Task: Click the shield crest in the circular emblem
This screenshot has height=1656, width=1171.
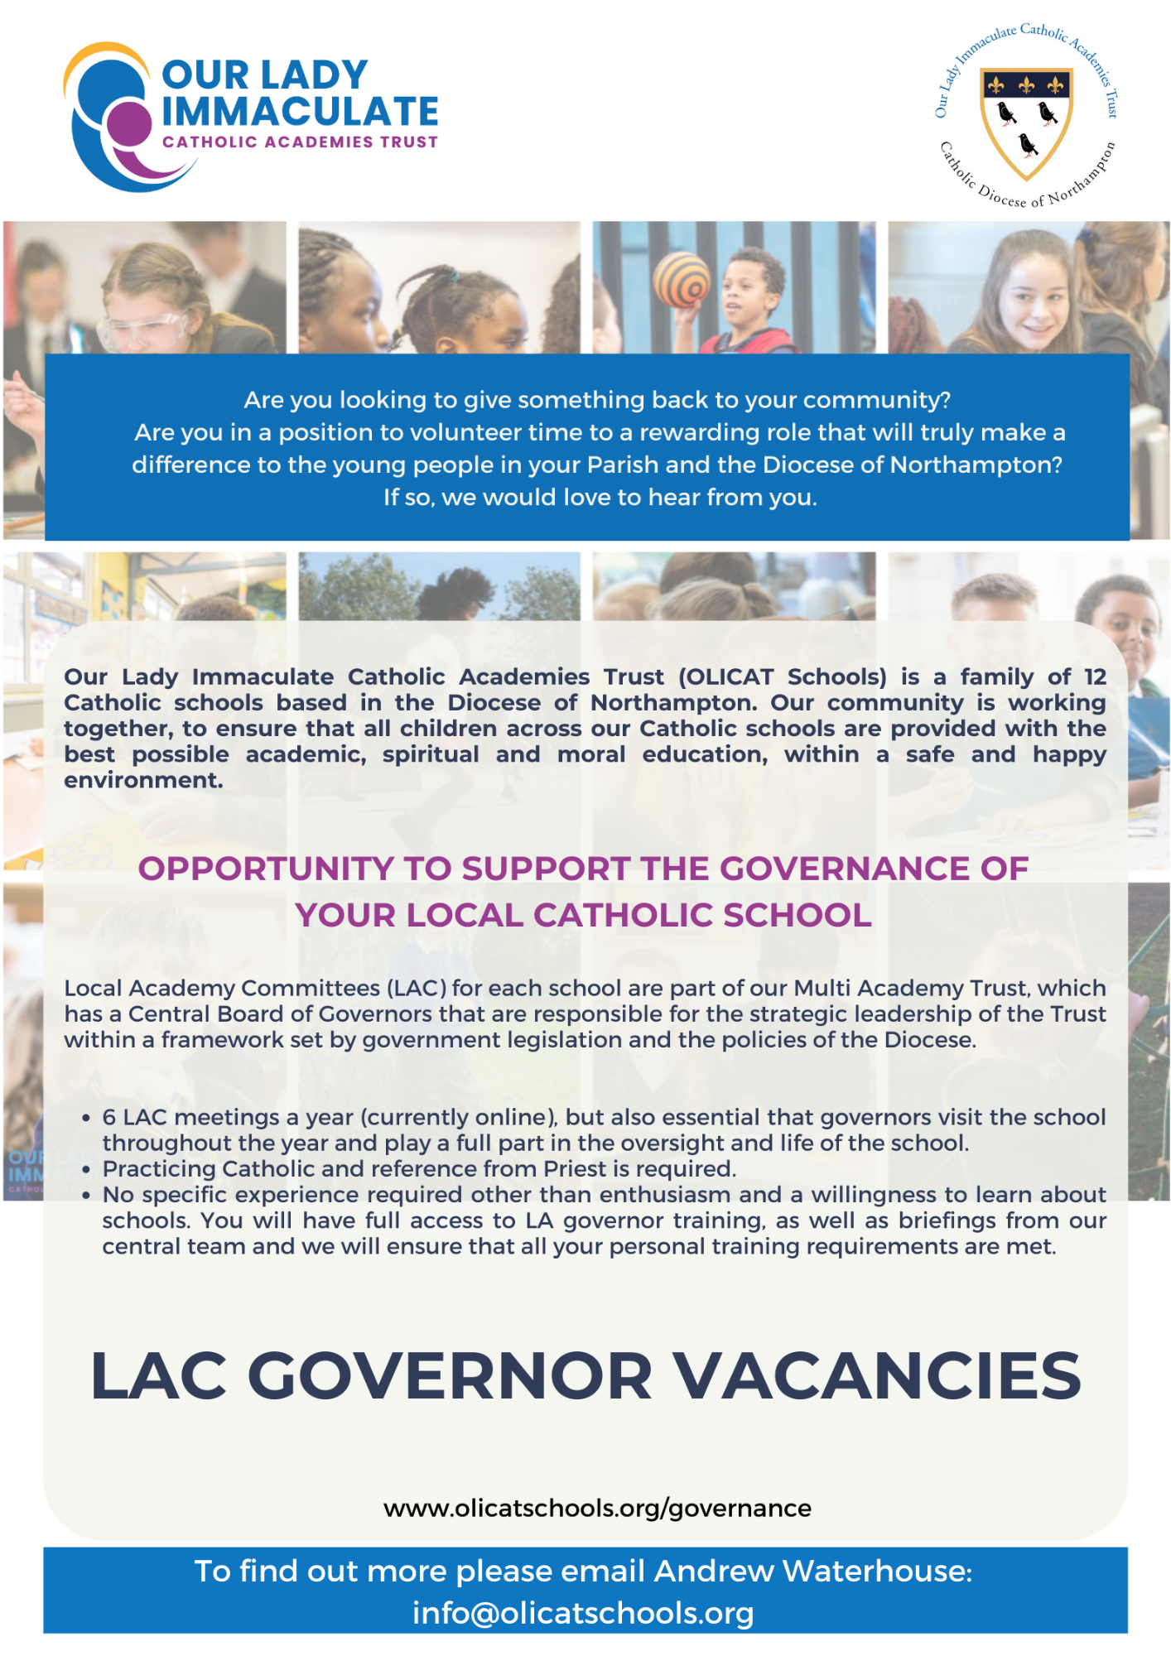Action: (x=1026, y=121)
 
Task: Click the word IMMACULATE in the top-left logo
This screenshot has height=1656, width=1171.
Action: (x=300, y=112)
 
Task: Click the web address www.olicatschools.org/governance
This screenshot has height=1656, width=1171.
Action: (x=597, y=1508)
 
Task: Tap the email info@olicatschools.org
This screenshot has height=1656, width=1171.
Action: (x=583, y=1613)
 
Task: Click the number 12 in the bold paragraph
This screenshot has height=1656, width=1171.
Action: (x=1095, y=676)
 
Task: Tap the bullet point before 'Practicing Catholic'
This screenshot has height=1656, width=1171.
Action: (x=86, y=1170)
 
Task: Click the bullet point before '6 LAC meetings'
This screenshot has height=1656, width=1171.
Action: (x=86, y=1119)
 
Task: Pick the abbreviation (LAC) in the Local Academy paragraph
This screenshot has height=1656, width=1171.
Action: (x=417, y=988)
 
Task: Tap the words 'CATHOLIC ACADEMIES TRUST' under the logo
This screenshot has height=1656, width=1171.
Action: (x=300, y=142)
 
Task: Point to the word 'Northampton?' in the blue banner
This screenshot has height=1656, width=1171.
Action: (x=976, y=465)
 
